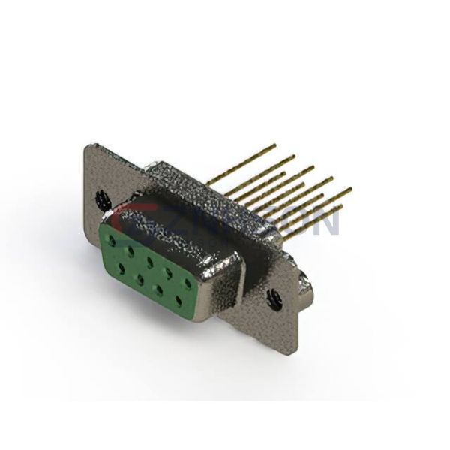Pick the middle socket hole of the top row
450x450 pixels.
click(x=151, y=262)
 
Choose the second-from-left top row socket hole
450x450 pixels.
click(x=131, y=251)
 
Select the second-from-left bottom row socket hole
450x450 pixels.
click(x=140, y=278)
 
